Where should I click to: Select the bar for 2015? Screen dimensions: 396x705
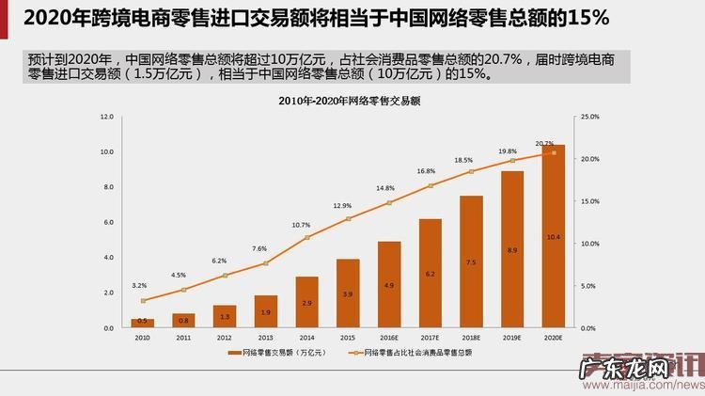click(348, 293)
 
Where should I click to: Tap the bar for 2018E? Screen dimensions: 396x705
click(471, 262)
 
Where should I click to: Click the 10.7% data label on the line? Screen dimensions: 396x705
click(301, 225)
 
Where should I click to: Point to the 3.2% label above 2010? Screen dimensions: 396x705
click(139, 285)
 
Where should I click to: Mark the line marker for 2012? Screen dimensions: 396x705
click(225, 276)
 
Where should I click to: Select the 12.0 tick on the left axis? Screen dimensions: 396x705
click(108, 117)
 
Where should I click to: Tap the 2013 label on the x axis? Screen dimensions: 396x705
click(266, 336)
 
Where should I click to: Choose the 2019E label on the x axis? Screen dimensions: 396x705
click(512, 336)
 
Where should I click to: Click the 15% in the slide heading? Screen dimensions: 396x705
click(587, 17)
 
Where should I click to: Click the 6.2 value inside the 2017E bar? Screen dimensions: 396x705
click(430, 274)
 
